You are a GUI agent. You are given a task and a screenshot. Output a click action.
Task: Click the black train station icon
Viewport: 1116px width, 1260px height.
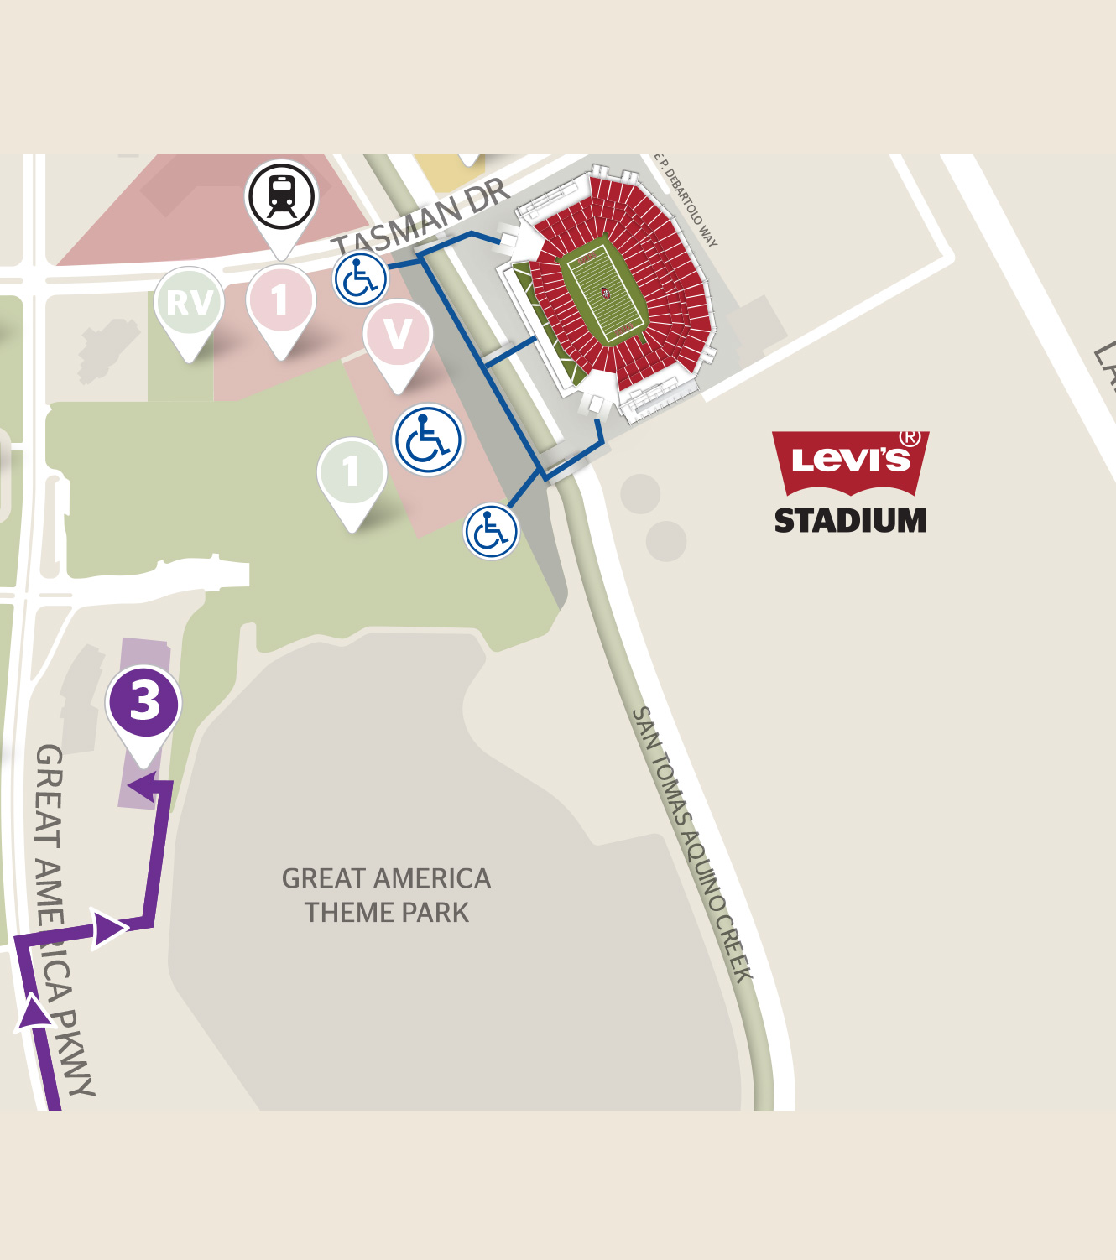(281, 196)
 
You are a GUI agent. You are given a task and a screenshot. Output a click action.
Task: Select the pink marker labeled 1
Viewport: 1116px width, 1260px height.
(281, 300)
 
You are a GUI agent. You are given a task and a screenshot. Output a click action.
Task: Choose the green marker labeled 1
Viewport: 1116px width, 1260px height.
(352, 471)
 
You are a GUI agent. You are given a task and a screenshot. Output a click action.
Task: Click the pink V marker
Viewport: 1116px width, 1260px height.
(398, 334)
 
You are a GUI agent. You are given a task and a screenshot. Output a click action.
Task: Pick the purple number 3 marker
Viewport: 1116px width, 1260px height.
(144, 702)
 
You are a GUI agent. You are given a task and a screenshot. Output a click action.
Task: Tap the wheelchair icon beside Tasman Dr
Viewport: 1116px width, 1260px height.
(361, 279)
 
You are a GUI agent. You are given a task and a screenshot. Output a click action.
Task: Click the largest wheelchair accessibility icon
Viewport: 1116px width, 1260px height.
(428, 440)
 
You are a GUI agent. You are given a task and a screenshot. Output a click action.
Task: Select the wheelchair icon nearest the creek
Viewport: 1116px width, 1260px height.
(491, 531)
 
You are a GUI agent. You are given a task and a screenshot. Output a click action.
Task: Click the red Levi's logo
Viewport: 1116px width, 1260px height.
(849, 460)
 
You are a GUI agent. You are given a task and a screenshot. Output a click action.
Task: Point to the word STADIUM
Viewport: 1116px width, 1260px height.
(850, 521)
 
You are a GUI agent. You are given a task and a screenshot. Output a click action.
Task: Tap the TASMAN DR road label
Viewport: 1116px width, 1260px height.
(420, 220)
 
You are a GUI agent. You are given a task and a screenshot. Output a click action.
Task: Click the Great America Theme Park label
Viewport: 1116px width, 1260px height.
(386, 895)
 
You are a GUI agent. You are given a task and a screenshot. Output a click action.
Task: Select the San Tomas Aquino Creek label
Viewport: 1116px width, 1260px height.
(691, 843)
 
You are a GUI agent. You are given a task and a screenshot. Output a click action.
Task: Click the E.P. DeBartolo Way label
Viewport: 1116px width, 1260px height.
(687, 201)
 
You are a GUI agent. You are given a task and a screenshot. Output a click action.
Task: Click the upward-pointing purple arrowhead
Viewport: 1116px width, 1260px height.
(34, 1011)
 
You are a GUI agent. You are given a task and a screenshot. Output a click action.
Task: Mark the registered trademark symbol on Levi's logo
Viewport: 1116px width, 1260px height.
(910, 437)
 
